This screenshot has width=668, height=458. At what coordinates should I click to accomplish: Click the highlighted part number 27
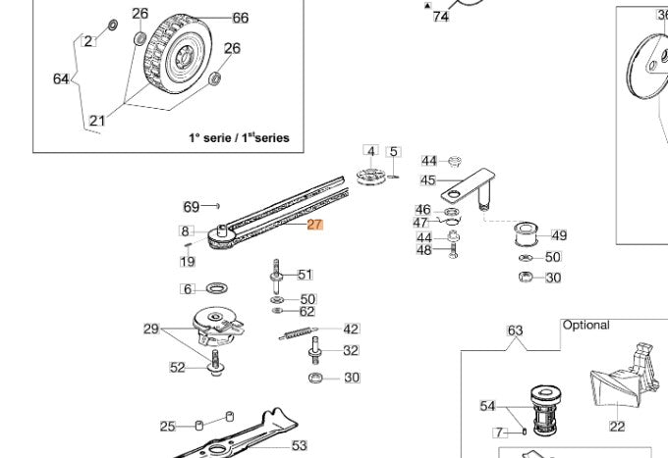314,225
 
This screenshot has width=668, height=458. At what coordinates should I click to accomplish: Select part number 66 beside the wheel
240,19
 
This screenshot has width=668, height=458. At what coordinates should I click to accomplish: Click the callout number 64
61,78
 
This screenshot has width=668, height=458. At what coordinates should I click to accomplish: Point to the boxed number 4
370,151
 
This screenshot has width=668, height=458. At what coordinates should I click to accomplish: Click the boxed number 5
394,152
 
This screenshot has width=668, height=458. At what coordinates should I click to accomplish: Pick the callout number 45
427,180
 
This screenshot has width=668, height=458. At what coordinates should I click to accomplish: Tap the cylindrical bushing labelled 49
528,236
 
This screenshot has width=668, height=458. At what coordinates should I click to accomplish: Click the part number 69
192,207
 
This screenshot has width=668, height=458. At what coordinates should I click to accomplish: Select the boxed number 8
185,231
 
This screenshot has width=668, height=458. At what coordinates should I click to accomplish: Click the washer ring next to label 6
216,289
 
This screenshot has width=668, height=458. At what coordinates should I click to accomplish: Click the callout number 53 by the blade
300,446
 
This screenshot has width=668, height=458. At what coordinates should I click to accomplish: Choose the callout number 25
168,427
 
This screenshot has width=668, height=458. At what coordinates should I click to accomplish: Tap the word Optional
585,325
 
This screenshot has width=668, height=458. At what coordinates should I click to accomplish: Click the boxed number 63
515,331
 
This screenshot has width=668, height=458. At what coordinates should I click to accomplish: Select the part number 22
616,427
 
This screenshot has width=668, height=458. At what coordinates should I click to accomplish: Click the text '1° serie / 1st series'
239,138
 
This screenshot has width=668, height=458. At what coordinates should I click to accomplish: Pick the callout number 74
440,17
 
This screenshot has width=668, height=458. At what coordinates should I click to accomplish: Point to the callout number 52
177,368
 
